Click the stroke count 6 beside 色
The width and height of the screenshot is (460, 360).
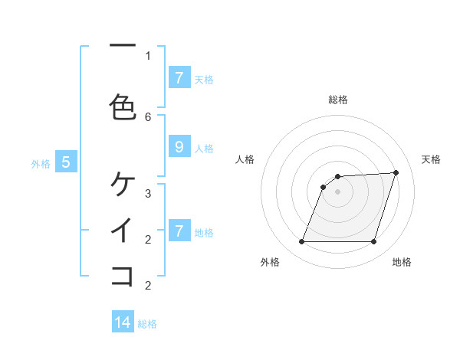click(x=148, y=116)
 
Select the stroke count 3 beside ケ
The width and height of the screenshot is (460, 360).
click(x=148, y=193)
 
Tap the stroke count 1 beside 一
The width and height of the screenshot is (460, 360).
click(x=148, y=56)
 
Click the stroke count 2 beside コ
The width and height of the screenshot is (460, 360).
click(x=148, y=286)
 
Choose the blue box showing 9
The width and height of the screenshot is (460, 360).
click(x=179, y=148)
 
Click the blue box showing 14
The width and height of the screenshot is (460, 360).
click(x=123, y=322)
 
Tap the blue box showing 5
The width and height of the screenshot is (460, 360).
click(x=66, y=162)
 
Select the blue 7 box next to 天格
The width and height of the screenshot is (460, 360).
click(x=179, y=77)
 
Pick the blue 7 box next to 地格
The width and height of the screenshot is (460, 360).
click(x=179, y=231)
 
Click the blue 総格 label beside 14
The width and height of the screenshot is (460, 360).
click(x=147, y=324)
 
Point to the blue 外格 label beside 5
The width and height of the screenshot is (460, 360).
click(x=41, y=163)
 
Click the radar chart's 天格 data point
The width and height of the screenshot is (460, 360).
click(x=396, y=172)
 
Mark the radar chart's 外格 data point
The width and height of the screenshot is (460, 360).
click(x=302, y=242)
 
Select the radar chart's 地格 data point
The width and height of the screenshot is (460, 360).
click(x=373, y=242)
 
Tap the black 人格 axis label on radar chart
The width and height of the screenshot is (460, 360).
click(x=245, y=159)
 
